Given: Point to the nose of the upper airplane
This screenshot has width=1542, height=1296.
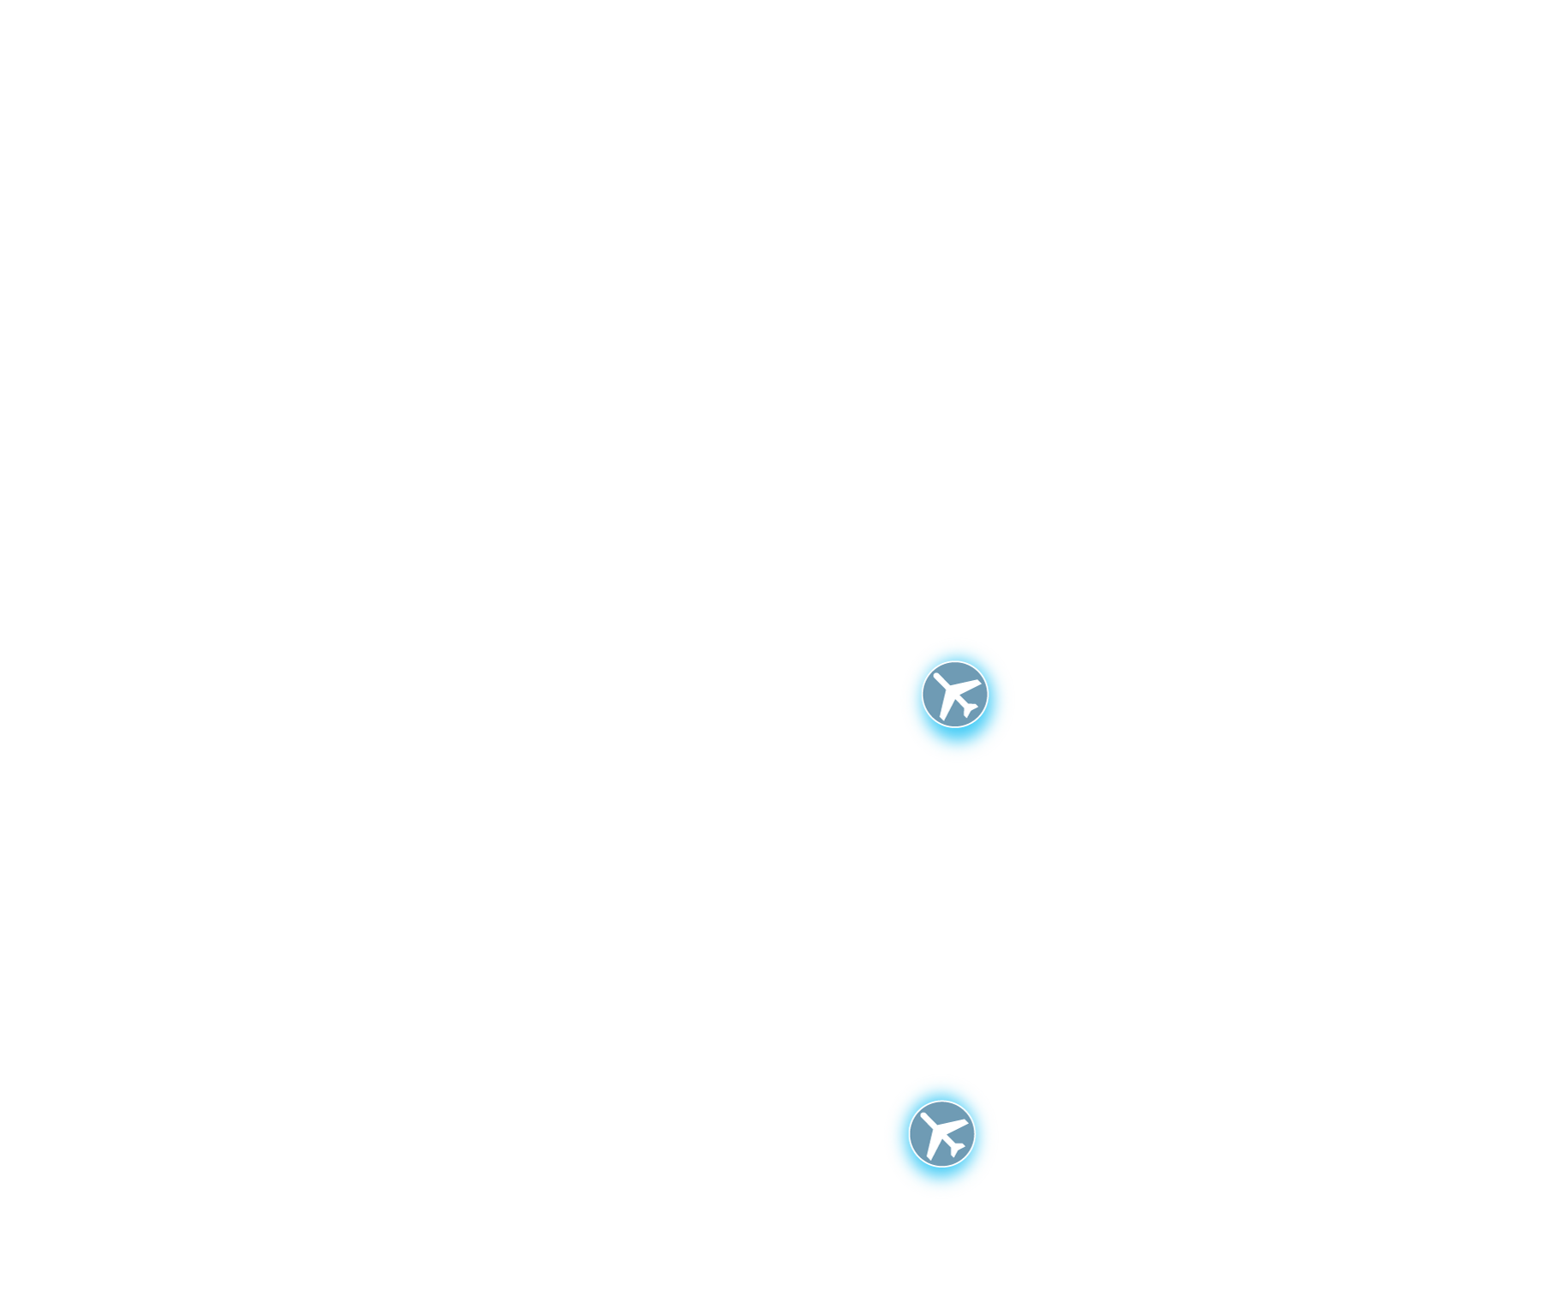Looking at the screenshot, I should (x=936, y=675).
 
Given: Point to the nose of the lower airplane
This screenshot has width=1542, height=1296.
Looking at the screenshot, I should (x=923, y=1115).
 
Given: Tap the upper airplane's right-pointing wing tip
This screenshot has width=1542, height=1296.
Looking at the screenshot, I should (x=978, y=683).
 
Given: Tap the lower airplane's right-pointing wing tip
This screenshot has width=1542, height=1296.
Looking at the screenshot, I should (x=965, y=1123).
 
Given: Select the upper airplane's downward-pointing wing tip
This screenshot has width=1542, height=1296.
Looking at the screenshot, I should (x=943, y=718).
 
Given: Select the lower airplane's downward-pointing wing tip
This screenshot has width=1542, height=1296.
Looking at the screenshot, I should (x=929, y=1158).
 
